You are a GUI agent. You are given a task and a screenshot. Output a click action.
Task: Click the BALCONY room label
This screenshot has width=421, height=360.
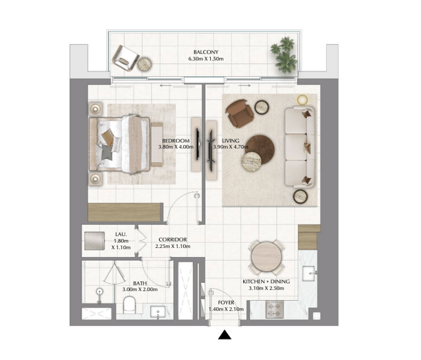tap(206, 52)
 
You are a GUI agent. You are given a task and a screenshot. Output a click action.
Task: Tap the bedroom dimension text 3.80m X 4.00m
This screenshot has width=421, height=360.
tap(176, 147)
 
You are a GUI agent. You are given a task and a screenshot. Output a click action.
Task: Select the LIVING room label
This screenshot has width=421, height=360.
tap(231, 140)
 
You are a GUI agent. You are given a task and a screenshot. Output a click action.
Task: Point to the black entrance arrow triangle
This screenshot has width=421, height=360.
tap(224, 335)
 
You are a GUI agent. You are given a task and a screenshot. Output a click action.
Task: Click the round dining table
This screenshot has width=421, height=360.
tap(266, 258)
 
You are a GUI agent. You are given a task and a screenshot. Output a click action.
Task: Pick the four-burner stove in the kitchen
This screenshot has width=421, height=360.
tap(275, 310)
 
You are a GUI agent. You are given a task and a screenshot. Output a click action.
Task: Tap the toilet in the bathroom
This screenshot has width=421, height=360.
tap(130, 305)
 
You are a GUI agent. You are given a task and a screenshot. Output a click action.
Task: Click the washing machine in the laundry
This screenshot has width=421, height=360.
tap(95, 241)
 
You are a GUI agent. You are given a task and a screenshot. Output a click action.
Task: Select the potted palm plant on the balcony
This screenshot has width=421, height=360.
tap(284, 55)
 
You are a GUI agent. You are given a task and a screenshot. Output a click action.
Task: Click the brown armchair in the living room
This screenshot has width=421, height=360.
tap(239, 113)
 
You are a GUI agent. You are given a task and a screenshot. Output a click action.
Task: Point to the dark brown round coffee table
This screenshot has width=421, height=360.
tap(260, 149)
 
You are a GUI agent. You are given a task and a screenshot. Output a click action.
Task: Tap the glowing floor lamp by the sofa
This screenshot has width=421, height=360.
tap(302, 100)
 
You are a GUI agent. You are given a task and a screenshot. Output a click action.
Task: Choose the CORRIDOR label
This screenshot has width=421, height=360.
tap(173, 240)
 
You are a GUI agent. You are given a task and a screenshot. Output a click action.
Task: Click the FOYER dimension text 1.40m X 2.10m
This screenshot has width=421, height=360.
tap(226, 309)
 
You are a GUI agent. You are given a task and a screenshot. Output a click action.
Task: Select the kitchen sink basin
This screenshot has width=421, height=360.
tap(309, 273)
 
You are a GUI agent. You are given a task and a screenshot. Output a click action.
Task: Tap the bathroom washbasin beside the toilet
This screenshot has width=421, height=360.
tap(158, 312)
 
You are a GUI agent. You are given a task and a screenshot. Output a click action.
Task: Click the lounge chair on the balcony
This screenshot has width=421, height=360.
tap(126, 58)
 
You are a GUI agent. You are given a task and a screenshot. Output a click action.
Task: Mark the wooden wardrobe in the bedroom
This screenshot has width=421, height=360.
tap(125, 212)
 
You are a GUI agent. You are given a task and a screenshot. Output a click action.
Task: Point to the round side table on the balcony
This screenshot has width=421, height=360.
tap(144, 64)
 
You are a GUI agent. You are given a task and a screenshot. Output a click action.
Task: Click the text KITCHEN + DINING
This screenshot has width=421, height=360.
tap(266, 281)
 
